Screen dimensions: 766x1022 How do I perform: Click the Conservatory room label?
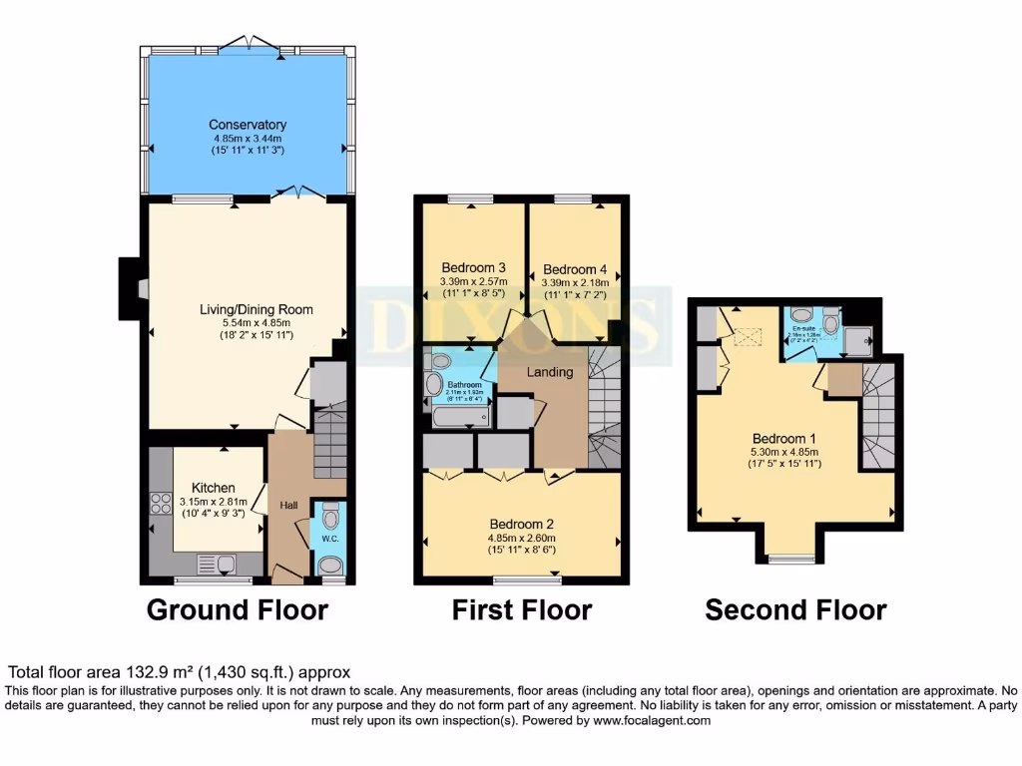coord(248,125)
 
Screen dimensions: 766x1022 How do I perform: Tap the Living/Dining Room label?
coord(255,309)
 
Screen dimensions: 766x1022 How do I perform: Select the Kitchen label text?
coord(214,488)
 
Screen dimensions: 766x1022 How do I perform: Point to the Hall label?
coord(288,506)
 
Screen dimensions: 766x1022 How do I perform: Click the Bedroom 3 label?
coord(473,267)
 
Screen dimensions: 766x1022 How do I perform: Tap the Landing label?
coord(550,372)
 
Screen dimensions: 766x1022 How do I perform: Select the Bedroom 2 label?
coord(521,524)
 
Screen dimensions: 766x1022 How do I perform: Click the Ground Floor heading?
coord(238,609)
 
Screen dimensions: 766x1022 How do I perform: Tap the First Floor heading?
coord(522,609)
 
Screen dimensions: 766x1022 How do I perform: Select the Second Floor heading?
coord(795,609)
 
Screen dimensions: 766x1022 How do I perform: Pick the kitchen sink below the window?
coord(220,566)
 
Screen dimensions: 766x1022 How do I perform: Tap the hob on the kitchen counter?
coord(160,505)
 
